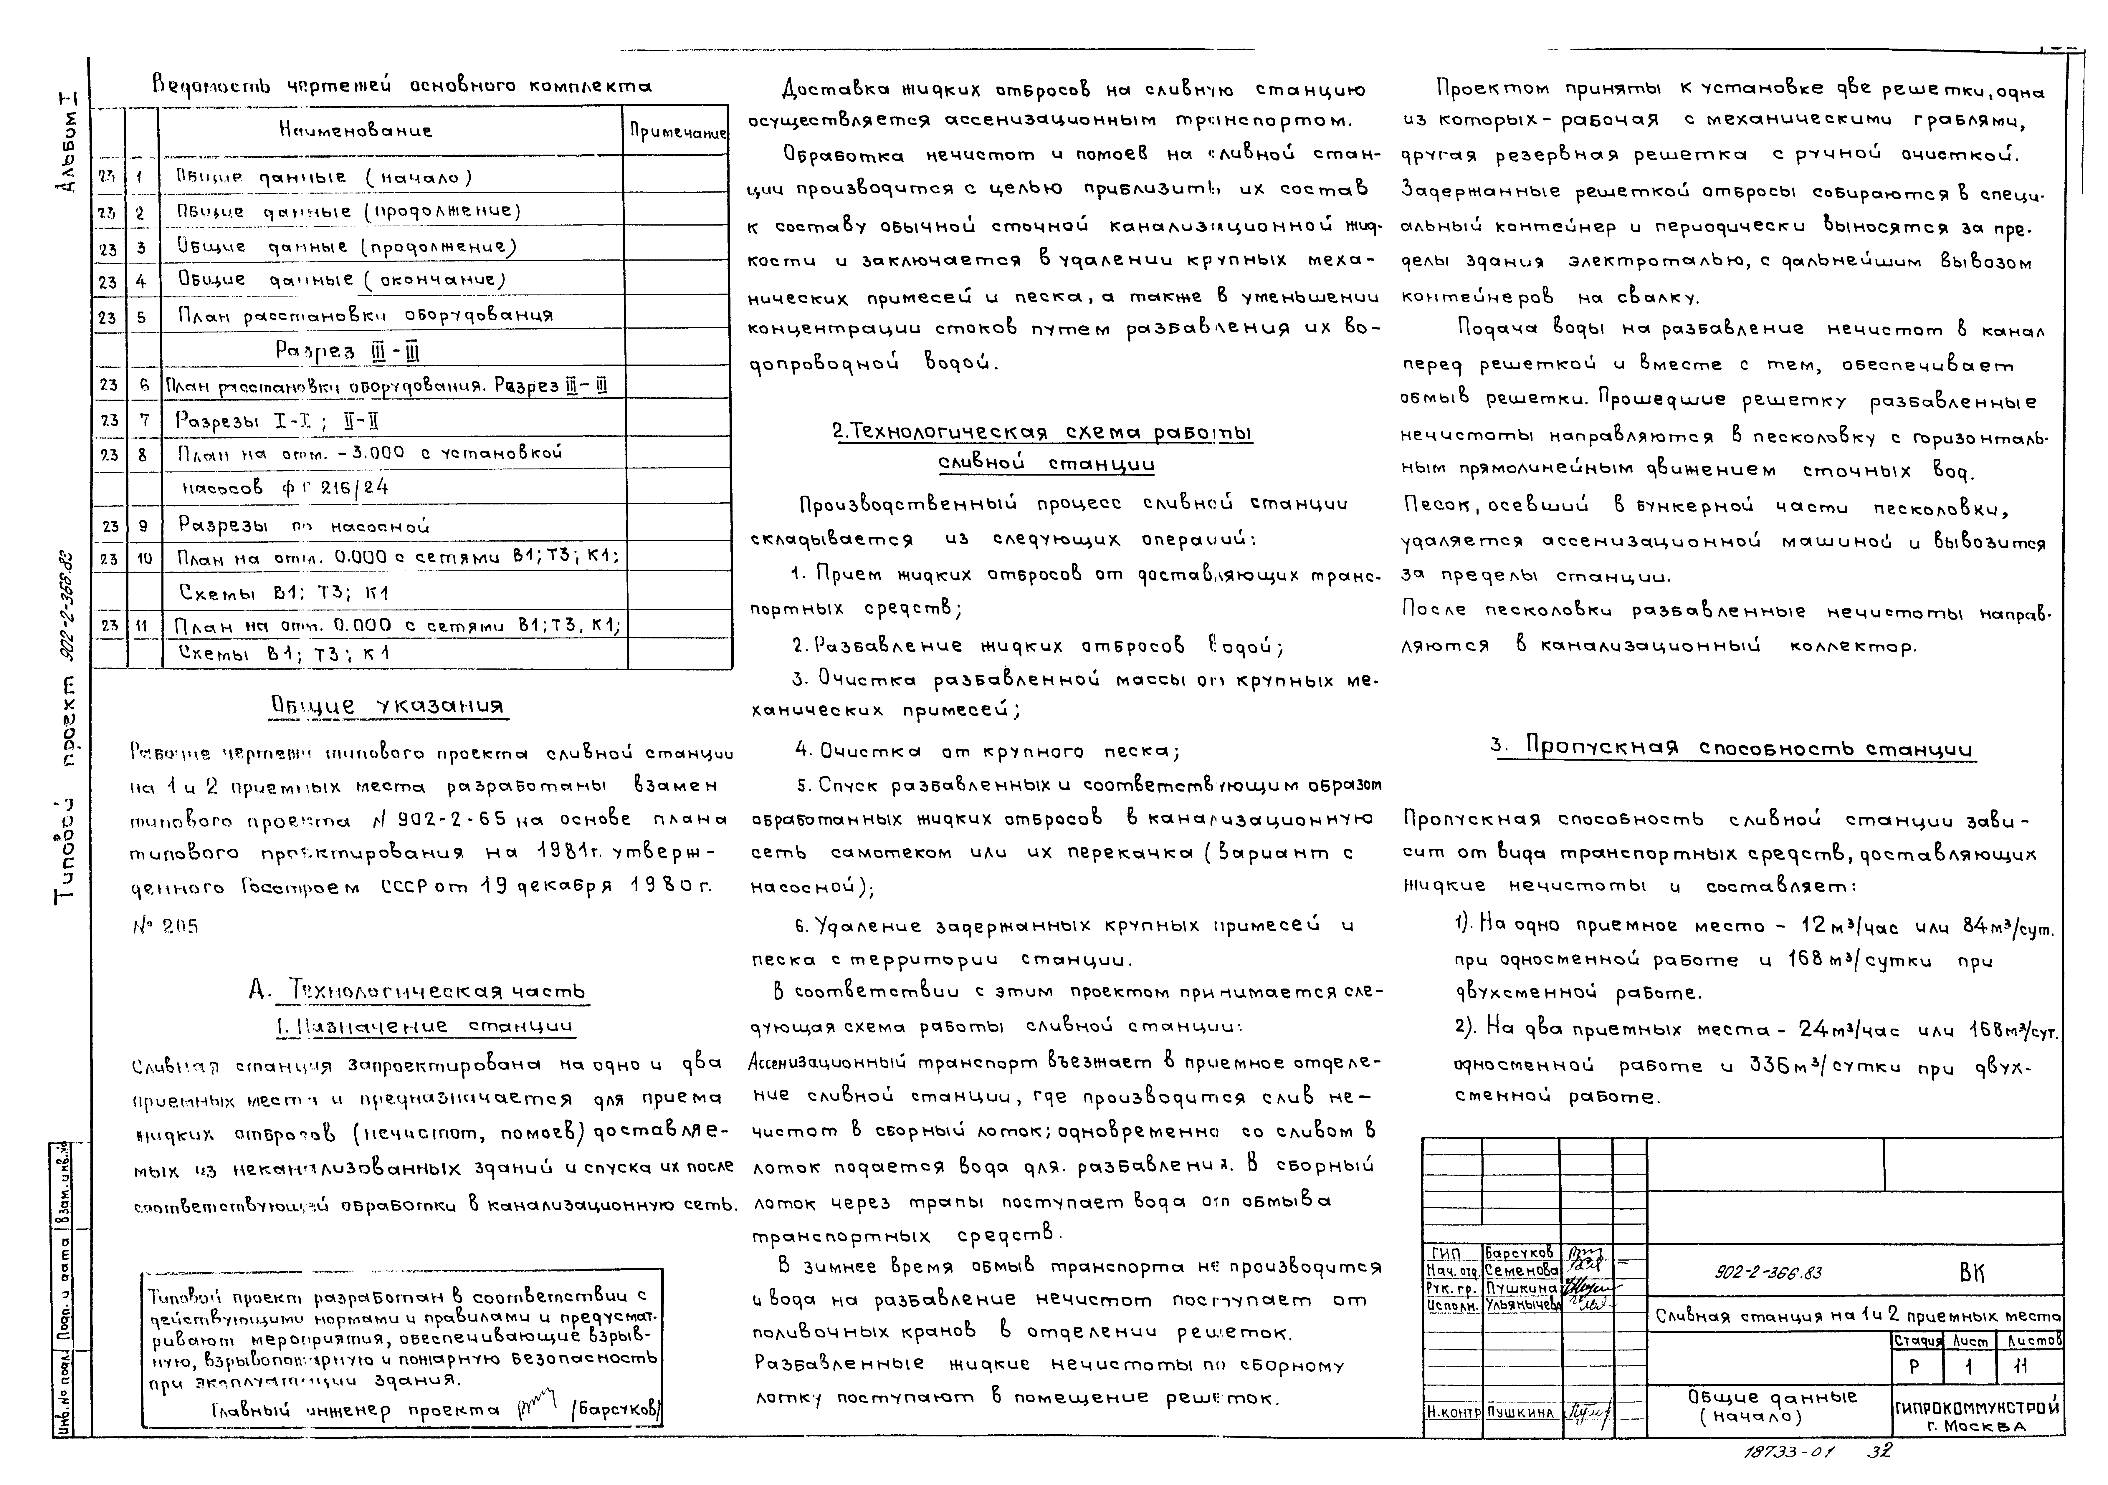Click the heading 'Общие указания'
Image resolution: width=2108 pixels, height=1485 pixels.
(x=386, y=705)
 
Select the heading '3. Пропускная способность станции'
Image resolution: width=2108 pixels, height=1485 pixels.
(x=1732, y=748)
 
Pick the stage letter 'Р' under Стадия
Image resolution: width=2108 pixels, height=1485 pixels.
(x=1916, y=1367)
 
